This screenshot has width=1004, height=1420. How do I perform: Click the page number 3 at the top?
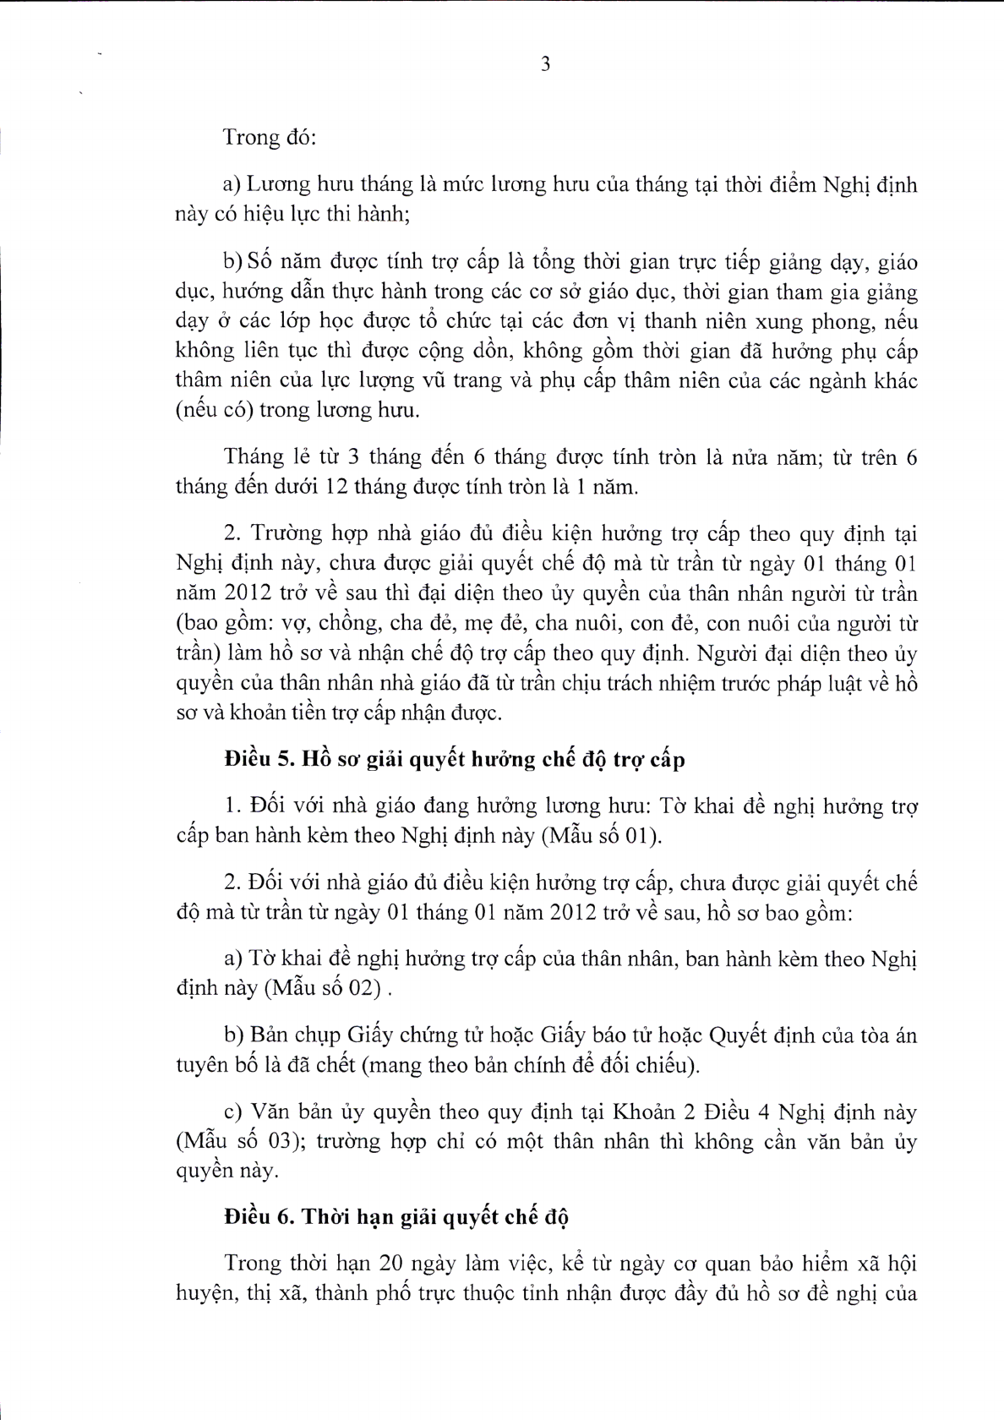click(x=545, y=64)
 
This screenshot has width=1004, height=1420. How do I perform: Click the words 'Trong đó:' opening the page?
click(x=269, y=138)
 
